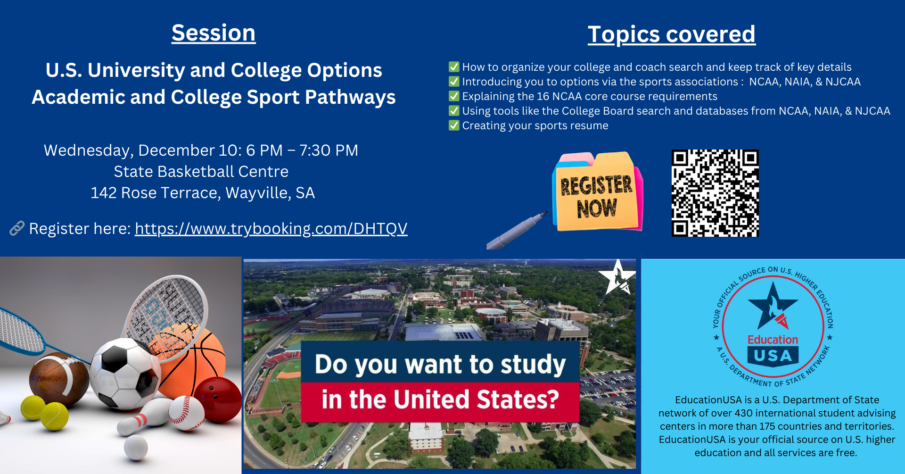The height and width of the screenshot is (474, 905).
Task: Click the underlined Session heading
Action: pyautogui.click(x=214, y=33)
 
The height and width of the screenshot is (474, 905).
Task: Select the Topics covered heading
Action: pyautogui.click(x=672, y=34)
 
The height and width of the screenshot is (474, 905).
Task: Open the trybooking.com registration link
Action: pyautogui.click(x=271, y=229)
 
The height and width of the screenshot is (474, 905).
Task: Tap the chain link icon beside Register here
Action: pyautogui.click(x=17, y=228)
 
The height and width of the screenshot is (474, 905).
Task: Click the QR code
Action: pyautogui.click(x=715, y=193)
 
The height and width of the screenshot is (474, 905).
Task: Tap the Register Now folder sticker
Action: pyautogui.click(x=597, y=192)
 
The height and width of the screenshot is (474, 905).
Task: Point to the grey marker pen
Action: pyautogui.click(x=516, y=231)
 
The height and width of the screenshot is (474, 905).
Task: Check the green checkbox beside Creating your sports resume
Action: pyautogui.click(x=454, y=125)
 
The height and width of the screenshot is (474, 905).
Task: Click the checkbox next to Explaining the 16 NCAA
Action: pyautogui.click(x=454, y=96)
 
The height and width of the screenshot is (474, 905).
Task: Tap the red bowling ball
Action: pyautogui.click(x=218, y=400)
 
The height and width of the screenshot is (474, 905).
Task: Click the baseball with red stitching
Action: pyautogui.click(x=186, y=413)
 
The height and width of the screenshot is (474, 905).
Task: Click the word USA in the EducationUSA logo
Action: pyautogui.click(x=773, y=356)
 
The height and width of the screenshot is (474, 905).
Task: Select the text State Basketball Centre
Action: pyautogui.click(x=201, y=172)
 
